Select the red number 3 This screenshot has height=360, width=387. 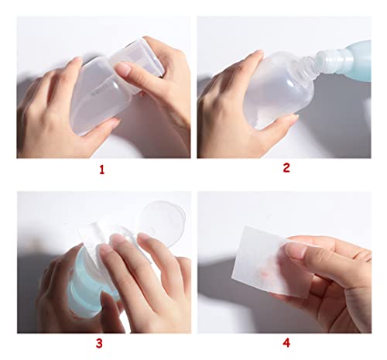pos(100,344)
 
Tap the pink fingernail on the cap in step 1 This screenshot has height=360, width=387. pos(124,69)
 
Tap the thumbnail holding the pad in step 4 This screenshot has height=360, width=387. pos(296,250)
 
